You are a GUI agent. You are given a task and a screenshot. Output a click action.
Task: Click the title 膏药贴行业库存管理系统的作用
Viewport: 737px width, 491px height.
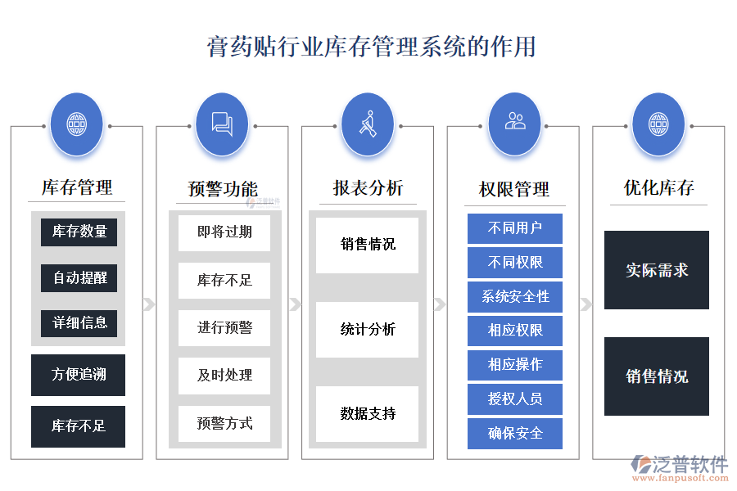pos(371,46)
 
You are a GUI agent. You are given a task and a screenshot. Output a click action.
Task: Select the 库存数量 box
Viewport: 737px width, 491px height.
pos(79,232)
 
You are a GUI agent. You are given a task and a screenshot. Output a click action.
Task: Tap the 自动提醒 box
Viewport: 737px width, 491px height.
pos(79,277)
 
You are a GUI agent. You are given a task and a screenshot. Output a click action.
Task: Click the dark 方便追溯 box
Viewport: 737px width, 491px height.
pos(79,375)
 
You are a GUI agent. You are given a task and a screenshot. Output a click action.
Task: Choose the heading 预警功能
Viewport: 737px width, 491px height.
pos(223,189)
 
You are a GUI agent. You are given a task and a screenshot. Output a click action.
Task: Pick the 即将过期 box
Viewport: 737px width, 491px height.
pos(224,232)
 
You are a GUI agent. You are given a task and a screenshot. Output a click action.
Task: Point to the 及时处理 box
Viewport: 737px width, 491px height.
pos(224,375)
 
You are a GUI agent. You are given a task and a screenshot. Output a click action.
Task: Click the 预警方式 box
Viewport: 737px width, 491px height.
pos(224,423)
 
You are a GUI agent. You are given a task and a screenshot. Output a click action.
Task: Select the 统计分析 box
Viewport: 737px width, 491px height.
pos(368,329)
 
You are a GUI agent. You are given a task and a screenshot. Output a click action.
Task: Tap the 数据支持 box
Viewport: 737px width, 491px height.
pos(368,413)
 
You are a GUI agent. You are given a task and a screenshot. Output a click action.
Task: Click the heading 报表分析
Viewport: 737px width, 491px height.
pos(368,188)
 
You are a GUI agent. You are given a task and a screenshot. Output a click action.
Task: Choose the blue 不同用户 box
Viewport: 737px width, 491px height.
pos(514,228)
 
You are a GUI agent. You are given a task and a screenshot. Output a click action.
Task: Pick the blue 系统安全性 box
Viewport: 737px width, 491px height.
pos(514,296)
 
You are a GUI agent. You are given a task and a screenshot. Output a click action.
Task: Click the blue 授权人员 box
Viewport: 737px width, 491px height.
pos(514,399)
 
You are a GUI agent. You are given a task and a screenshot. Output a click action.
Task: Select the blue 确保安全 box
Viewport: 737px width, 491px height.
pos(514,433)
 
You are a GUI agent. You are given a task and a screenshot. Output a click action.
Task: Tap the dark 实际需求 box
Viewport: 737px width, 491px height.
pos(656,270)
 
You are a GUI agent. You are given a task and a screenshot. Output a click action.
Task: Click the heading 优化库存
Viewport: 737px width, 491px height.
pos(658,188)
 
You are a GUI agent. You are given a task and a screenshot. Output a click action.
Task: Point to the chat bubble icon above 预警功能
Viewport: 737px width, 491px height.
pos(222,124)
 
